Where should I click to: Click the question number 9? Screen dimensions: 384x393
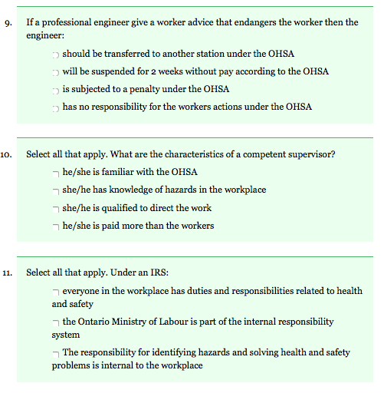click(7, 22)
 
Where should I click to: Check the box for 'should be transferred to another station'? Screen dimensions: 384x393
click(56, 55)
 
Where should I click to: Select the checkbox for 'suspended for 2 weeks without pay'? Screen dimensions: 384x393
click(56, 73)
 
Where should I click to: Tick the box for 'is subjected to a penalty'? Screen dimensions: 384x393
click(56, 91)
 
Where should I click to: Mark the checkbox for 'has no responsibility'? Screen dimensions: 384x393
click(56, 108)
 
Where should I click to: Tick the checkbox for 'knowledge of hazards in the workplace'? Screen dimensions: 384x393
click(56, 191)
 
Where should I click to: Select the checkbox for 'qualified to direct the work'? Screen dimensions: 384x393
click(56, 209)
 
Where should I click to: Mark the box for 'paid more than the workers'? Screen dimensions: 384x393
click(56, 226)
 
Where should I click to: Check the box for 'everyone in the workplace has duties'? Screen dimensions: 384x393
click(56, 292)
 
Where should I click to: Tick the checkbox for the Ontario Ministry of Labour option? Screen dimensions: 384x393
click(56, 323)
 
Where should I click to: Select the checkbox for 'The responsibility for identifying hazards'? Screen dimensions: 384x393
click(56, 354)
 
